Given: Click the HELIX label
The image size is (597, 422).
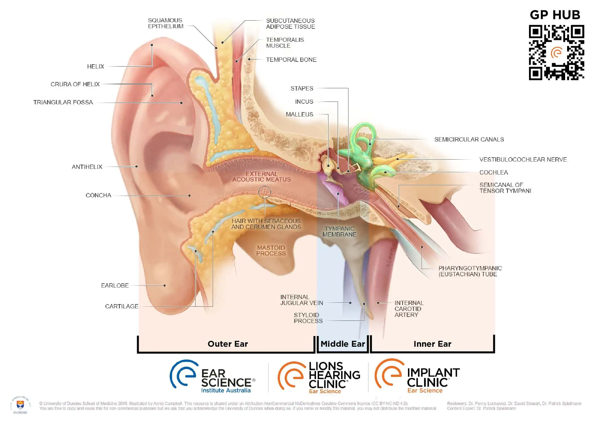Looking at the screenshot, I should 95,67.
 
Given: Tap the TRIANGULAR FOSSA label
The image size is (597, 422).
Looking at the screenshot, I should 63,102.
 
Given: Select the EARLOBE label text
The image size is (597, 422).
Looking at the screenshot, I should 115,286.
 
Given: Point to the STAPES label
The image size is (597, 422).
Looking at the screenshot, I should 302,89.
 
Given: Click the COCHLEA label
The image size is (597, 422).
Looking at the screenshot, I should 493,173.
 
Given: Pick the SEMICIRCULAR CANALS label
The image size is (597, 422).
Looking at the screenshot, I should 469,140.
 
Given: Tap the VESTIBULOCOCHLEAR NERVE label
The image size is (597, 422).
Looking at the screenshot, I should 523,160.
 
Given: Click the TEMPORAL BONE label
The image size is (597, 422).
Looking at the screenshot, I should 291,60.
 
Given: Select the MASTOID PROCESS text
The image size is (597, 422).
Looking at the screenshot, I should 271,251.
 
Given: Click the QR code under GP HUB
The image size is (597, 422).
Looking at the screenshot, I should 556,52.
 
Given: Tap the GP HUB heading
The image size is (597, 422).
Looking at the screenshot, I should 555,15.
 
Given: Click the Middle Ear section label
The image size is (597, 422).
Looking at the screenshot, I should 343,344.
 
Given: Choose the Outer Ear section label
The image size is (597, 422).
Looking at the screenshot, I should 228,344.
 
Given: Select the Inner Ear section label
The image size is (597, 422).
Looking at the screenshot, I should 432,344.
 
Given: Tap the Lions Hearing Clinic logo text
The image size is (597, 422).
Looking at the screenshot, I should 334,375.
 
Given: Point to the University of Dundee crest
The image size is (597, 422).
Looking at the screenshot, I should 20,405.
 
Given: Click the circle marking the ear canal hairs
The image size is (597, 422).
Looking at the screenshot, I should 265,192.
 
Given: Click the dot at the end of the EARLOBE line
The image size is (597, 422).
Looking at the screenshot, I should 165,286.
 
